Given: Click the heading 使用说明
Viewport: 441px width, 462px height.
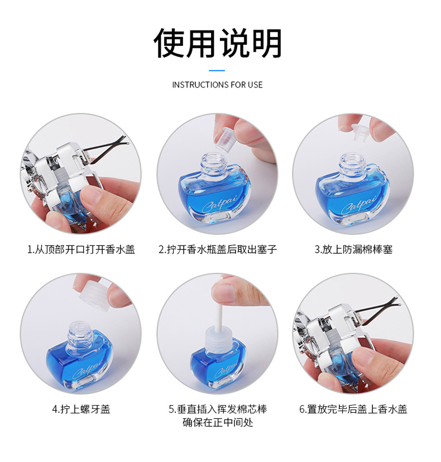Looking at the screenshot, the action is tap(218, 43).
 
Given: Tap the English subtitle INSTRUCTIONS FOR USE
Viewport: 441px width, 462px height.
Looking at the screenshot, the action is tap(217, 85).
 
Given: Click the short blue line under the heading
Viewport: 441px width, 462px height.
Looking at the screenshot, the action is tap(217, 71).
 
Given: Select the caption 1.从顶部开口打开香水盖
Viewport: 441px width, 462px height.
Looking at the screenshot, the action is tap(81, 249).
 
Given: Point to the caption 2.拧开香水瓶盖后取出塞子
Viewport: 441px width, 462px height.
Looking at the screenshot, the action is tap(218, 249).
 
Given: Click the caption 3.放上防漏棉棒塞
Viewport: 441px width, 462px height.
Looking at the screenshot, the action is tap(353, 249).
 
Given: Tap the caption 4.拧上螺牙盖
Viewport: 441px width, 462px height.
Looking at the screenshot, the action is tap(81, 409).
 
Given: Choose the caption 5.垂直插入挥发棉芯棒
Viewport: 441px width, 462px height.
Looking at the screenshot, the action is tap(218, 409).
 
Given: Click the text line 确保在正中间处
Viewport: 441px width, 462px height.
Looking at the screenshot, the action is tap(218, 422).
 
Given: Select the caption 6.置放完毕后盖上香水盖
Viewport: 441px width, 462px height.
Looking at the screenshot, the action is tap(353, 409).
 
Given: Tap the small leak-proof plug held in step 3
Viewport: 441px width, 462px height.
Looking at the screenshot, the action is tap(362, 132).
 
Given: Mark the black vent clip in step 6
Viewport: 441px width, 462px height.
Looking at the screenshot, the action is tap(377, 308).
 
